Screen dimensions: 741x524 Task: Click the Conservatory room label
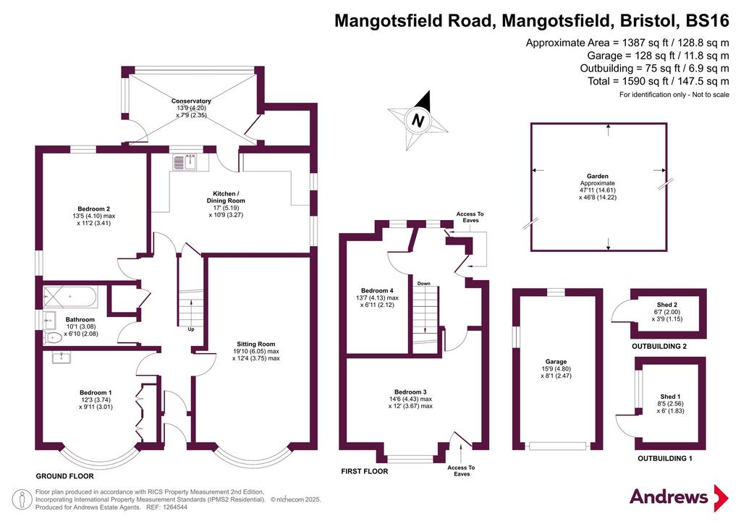[x=191, y=101]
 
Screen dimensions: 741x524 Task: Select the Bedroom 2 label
[x=93, y=209]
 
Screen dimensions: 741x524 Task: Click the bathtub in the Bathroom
[x=70, y=297]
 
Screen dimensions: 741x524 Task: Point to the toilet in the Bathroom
[x=53, y=337]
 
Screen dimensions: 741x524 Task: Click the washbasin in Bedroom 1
[x=62, y=358]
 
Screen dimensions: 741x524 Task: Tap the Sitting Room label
[x=255, y=344]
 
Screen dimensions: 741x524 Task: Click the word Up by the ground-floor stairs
[x=191, y=329]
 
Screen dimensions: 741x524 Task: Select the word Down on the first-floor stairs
[x=424, y=284]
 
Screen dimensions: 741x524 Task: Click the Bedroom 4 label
[x=377, y=290]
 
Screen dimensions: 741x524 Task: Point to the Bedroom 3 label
[x=411, y=392]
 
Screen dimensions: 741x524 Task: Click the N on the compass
[x=418, y=120]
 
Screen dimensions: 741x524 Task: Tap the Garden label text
[x=598, y=177]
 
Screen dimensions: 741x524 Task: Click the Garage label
[x=556, y=361]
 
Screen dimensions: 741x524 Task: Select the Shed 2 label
[x=666, y=305]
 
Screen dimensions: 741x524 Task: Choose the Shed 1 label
[x=670, y=397]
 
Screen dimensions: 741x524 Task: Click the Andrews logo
[x=679, y=497]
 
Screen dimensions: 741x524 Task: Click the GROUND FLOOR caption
[x=64, y=476]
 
